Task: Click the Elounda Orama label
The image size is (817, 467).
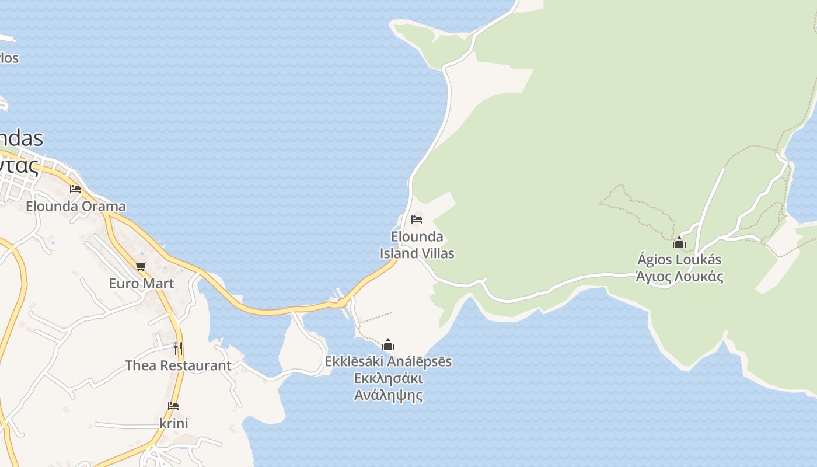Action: click(75, 206)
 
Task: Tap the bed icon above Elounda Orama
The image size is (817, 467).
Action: click(75, 189)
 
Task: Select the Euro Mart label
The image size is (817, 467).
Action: click(141, 283)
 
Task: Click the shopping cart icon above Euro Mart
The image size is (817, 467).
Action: click(141, 267)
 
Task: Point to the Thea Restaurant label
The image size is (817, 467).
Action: click(178, 365)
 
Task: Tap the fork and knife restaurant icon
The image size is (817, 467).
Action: click(178, 348)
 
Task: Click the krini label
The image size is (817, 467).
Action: click(173, 423)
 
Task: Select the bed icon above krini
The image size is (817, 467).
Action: click(173, 406)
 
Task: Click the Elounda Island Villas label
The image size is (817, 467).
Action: click(417, 245)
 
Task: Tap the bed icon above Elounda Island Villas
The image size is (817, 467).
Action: click(417, 219)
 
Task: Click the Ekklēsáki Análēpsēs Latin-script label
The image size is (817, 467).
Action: click(388, 361)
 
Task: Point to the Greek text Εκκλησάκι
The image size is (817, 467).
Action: click(388, 378)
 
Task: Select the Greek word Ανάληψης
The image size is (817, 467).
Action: click(388, 395)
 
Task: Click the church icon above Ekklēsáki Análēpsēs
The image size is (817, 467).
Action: click(388, 344)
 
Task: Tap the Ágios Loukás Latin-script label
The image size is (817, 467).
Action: click(679, 259)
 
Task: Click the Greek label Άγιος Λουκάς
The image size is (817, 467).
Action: click(679, 276)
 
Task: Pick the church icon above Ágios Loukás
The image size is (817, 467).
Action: click(679, 242)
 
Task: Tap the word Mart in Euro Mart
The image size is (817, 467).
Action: click(158, 283)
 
